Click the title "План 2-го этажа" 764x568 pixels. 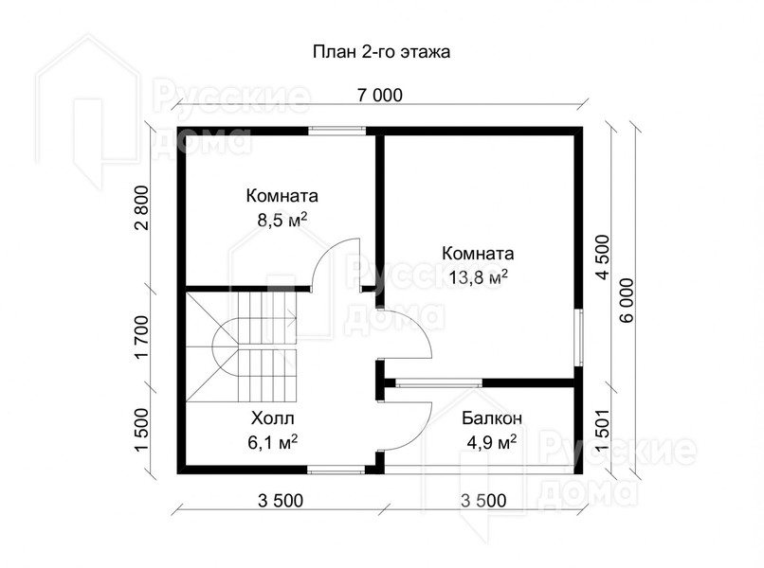coord(381,52)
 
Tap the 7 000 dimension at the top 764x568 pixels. coord(380,96)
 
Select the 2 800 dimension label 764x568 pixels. coord(142,208)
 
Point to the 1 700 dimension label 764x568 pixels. coord(142,337)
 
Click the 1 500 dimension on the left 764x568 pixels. coord(142,430)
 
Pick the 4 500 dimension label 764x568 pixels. coord(603,257)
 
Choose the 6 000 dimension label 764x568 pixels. coord(628,300)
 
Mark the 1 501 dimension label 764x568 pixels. coord(603,429)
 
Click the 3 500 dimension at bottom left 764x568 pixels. coord(281,500)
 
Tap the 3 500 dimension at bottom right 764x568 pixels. coord(483,500)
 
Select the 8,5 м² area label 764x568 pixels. coord(282,221)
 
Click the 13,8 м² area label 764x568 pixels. coord(478,278)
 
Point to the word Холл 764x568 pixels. coord(273,418)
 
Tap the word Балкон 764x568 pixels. coord(492,417)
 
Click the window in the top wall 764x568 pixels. coord(337,131)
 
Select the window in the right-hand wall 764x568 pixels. coord(578,337)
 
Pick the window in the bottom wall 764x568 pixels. coord(337,470)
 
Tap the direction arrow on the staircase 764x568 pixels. coord(291,320)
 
